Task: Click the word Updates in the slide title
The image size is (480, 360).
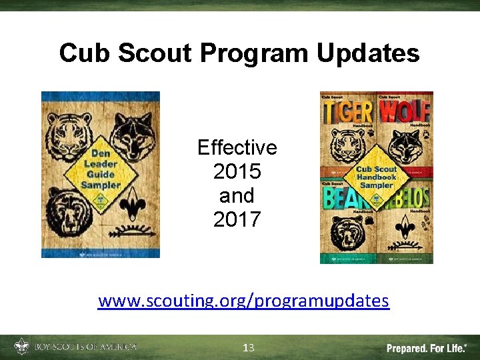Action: (x=368, y=53)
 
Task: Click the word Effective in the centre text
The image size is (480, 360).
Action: (x=237, y=147)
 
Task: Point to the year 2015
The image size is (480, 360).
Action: (x=237, y=171)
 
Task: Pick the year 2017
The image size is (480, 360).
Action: (x=237, y=219)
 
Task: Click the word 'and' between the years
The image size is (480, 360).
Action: (x=237, y=195)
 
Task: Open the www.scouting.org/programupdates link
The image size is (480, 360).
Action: (x=243, y=301)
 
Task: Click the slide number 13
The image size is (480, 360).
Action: (x=249, y=347)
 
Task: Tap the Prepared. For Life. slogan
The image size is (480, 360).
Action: (x=427, y=348)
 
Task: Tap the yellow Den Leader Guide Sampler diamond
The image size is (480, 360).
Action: (x=101, y=175)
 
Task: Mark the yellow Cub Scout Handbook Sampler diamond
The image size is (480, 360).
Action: (x=377, y=177)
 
